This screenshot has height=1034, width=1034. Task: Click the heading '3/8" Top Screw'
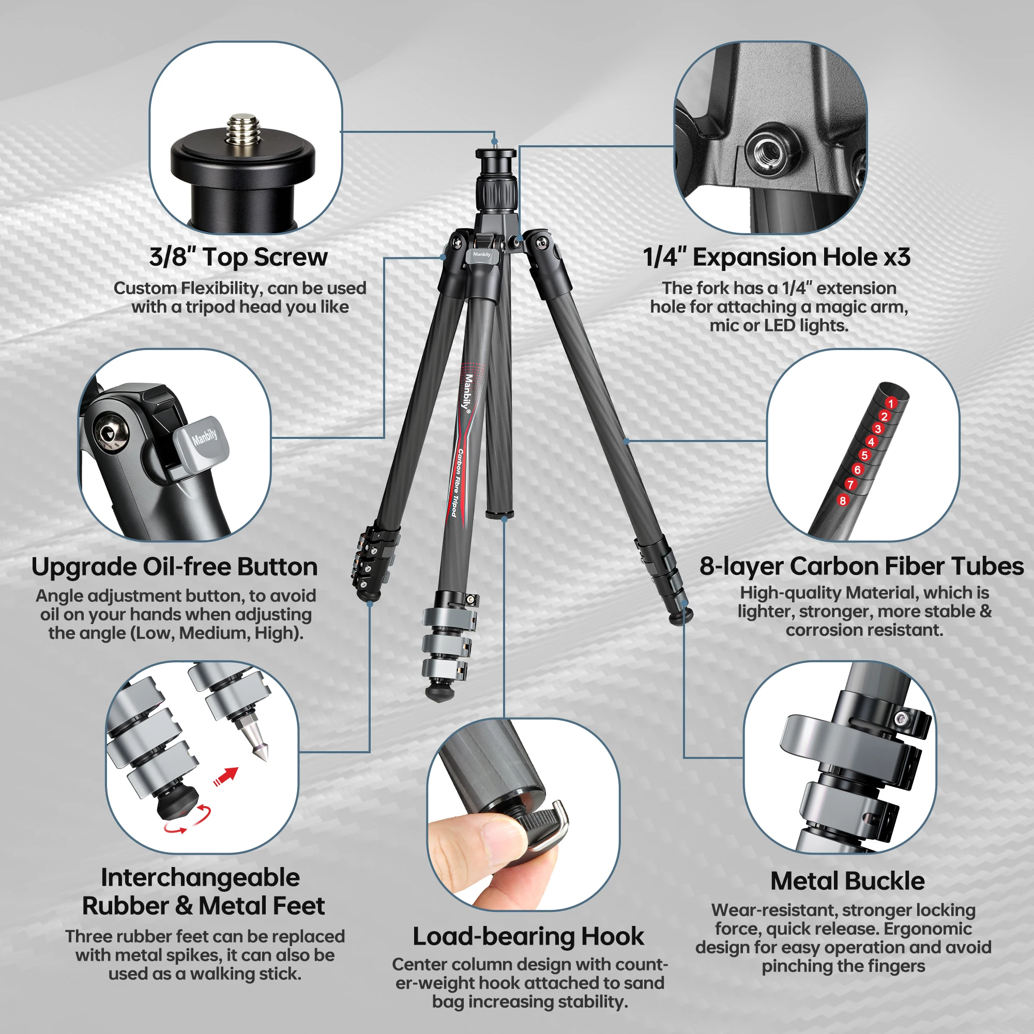(238, 257)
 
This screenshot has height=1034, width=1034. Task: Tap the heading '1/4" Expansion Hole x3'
(777, 257)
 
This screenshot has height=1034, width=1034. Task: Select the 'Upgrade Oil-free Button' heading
(174, 567)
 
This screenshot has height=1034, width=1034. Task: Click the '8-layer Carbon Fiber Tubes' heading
(862, 566)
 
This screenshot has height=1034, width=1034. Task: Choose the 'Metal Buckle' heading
(847, 881)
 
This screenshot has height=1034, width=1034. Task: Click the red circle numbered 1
(891, 402)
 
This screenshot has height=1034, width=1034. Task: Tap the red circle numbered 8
(843, 501)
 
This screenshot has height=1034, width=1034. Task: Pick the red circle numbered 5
(864, 455)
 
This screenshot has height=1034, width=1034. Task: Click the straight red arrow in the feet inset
(226, 777)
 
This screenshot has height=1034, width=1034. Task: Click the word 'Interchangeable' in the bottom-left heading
(200, 878)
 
